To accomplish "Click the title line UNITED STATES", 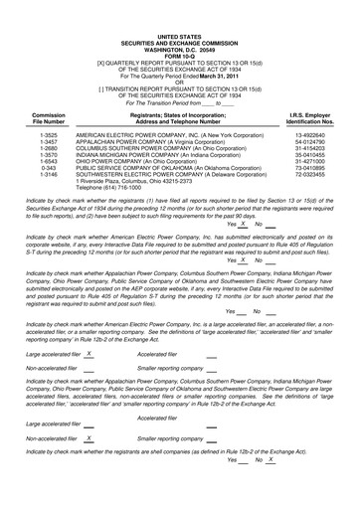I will pyautogui.click(x=179, y=18).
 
